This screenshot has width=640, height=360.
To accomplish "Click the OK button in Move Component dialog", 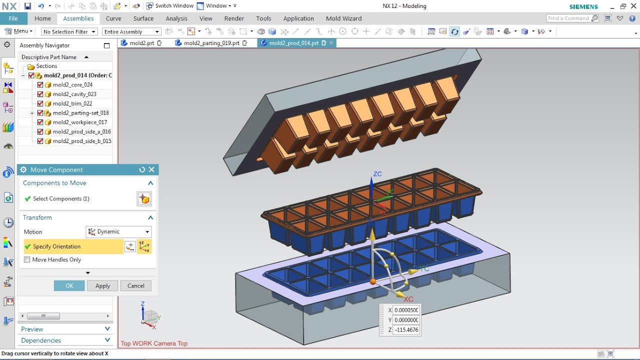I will pyautogui.click(x=69, y=285).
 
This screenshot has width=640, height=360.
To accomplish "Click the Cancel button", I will pyautogui.click(x=135, y=285).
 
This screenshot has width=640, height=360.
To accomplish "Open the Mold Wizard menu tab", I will pyautogui.click(x=343, y=18).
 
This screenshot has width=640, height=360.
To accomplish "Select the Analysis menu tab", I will pyautogui.click(x=176, y=18).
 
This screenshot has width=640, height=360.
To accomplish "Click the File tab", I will pyautogui.click(x=13, y=18).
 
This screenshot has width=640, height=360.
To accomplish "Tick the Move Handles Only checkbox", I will pyautogui.click(x=27, y=259).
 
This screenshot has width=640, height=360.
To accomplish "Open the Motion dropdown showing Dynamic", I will pyautogui.click(x=118, y=231).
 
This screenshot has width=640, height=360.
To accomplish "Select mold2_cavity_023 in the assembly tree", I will pyautogui.click(x=74, y=94).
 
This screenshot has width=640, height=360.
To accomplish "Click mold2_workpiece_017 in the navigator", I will pyautogui.click(x=79, y=122).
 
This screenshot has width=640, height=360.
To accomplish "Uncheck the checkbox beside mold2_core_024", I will pyautogui.click(x=40, y=84).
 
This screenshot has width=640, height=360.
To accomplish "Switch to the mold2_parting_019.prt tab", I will pyautogui.click(x=211, y=43).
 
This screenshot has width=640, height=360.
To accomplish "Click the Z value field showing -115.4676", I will pyautogui.click(x=406, y=330).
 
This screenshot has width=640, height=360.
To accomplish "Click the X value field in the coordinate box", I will pyautogui.click(x=406, y=310).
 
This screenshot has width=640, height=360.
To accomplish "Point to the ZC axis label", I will pyautogui.click(x=377, y=174).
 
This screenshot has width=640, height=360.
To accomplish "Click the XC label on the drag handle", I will pyautogui.click(x=408, y=299).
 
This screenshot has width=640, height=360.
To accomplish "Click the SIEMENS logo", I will pyautogui.click(x=583, y=6).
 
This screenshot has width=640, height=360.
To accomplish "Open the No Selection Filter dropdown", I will pyautogui.click(x=69, y=31).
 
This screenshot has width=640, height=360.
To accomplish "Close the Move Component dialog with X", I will pyautogui.click(x=152, y=169).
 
